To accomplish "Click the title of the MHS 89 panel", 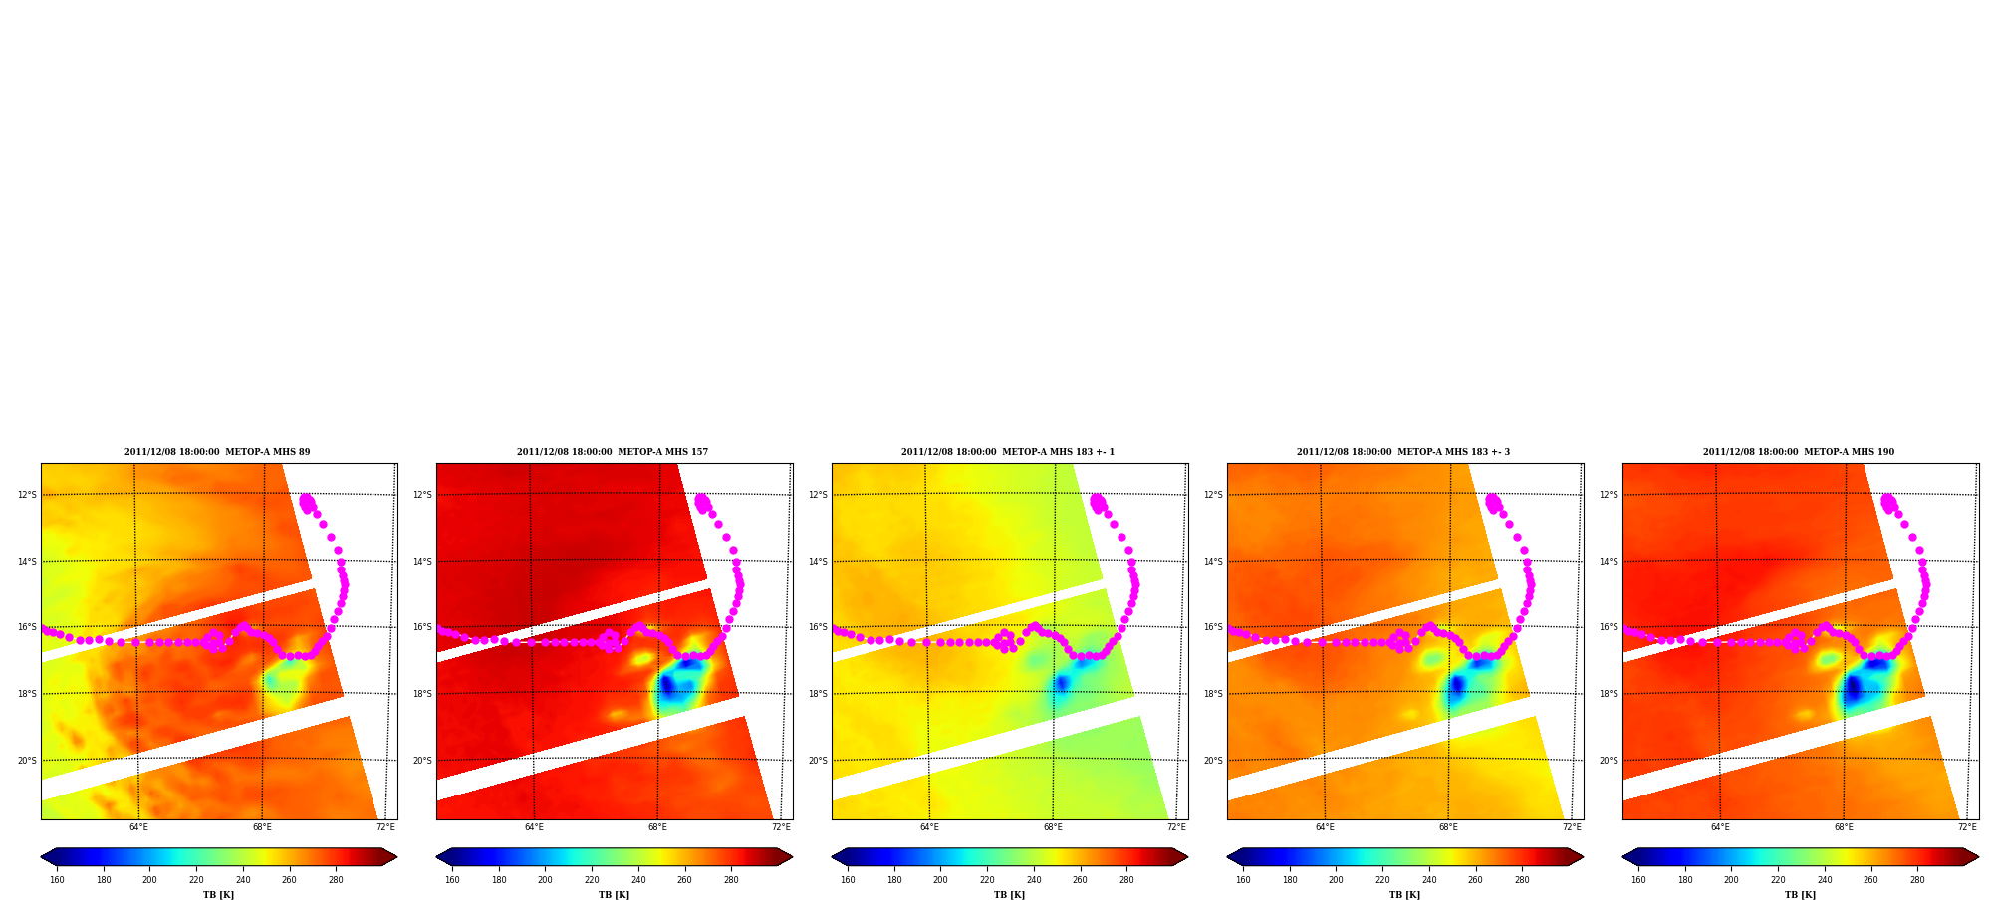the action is tap(217, 452).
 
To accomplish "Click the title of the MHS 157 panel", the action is tap(613, 452).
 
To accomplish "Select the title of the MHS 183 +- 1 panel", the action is tap(1008, 452).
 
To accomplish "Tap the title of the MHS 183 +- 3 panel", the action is tap(1403, 452).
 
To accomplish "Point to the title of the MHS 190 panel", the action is tap(1799, 452).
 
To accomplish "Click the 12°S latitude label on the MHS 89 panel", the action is tap(27, 495).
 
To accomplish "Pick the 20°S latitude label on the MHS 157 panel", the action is tap(422, 761).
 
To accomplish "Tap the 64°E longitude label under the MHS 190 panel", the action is tap(1720, 827).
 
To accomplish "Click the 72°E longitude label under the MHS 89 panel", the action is tap(385, 827).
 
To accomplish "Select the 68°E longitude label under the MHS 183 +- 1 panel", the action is tap(1053, 827).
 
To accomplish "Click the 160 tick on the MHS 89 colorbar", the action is tap(57, 880).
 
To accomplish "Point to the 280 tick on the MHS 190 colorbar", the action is tap(1917, 880).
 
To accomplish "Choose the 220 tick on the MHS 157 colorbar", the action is tap(592, 880).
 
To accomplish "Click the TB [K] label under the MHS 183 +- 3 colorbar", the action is tap(1404, 895).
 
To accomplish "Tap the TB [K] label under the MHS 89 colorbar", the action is tap(218, 895).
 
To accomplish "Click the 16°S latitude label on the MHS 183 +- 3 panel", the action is tap(1213, 627).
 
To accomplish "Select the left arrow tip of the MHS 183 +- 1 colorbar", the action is tap(832, 857).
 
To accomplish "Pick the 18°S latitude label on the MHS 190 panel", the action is tap(1609, 694).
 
